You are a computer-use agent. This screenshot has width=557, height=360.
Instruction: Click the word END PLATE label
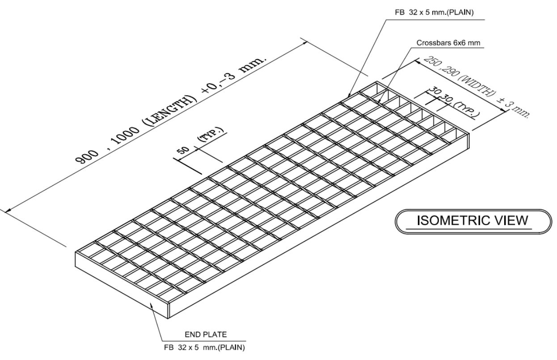207,334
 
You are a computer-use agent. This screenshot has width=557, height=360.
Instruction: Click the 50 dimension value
184,150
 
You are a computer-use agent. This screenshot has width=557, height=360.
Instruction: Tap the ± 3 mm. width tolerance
514,109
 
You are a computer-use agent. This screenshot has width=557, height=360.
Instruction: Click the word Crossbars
431,43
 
